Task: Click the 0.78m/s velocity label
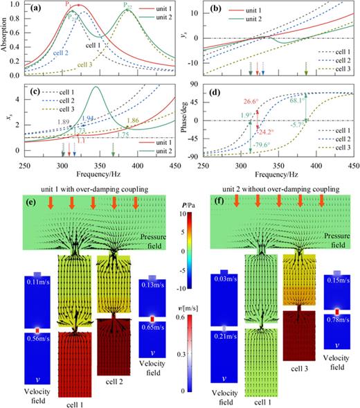336,323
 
